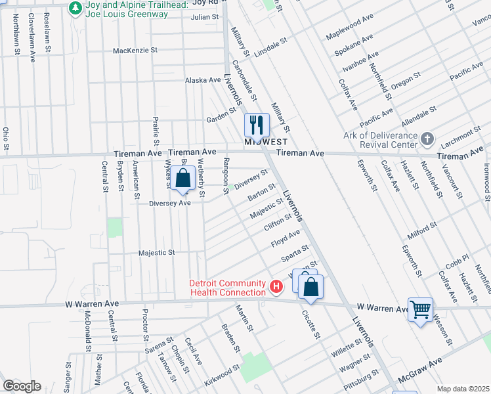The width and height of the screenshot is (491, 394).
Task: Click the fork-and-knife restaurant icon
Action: (x=257, y=123)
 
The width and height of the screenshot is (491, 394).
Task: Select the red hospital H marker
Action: (x=277, y=287)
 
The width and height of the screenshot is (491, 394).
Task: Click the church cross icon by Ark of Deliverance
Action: (x=427, y=139)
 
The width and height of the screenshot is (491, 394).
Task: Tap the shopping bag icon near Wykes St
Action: (x=183, y=177)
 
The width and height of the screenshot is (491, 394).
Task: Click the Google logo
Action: (x=22, y=386)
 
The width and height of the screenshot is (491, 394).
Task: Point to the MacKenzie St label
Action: (x=135, y=50)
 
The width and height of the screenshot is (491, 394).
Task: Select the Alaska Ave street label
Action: (x=203, y=80)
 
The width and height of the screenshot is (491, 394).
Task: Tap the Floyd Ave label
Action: (x=286, y=239)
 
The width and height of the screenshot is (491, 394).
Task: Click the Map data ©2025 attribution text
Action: (x=463, y=389)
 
